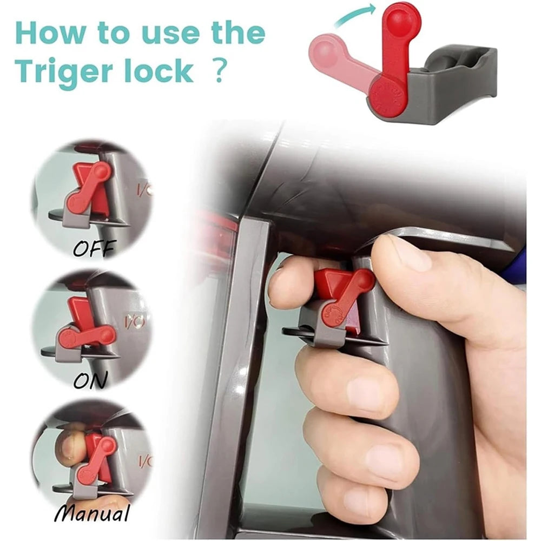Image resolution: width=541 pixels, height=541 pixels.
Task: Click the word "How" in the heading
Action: coord(50,33)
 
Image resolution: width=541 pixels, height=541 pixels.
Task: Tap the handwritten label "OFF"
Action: coord(94,247)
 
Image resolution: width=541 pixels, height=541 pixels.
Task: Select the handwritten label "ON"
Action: coord(90,380)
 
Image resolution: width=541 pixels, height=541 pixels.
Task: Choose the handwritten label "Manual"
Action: coord(92,513)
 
